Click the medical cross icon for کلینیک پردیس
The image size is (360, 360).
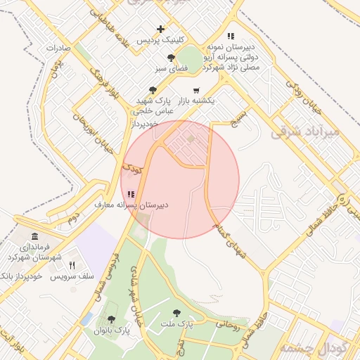click(161, 29)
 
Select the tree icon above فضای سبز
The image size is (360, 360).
click(171, 58)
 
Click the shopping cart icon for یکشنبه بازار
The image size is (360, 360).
click(195, 90)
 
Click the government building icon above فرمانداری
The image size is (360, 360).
click(35, 235)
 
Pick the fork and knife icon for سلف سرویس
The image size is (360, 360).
click(72, 265)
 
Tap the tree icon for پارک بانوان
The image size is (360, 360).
click(111, 319)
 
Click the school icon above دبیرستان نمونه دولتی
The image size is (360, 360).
click(230, 36)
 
